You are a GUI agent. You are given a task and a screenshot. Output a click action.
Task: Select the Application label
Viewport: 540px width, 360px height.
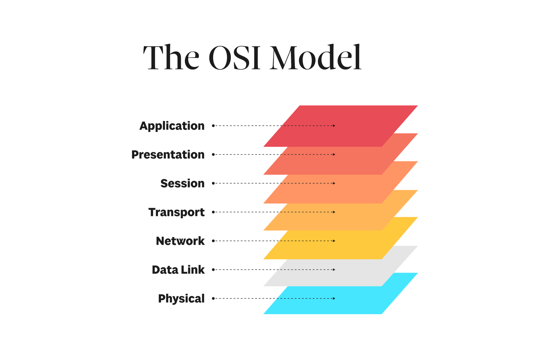tap(172, 126)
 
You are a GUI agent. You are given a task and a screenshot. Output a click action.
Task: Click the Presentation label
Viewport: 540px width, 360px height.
tap(168, 155)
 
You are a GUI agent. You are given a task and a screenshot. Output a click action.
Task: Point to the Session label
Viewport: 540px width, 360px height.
tap(182, 183)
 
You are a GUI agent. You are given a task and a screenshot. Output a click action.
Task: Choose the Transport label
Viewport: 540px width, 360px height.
tap(176, 212)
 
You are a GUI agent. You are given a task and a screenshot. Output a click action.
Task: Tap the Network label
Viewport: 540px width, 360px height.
tap(180, 241)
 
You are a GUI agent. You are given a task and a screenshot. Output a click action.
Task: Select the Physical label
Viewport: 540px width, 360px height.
tap(181, 299)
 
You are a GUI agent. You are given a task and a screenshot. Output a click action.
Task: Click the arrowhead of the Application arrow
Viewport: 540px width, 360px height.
tap(334, 126)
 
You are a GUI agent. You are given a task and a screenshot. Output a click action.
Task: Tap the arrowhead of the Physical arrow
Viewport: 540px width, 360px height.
tap(334, 298)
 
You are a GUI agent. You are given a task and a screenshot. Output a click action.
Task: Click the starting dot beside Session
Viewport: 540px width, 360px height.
tap(213, 183)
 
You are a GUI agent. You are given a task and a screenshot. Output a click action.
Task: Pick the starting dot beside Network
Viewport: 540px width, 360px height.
tap(213, 241)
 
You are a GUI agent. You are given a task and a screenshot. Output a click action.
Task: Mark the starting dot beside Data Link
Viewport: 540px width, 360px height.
tap(213, 270)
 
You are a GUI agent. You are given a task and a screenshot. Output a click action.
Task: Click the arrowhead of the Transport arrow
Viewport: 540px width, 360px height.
tap(334, 212)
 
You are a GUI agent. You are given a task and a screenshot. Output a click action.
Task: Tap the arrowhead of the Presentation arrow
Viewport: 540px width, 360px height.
tap(334, 155)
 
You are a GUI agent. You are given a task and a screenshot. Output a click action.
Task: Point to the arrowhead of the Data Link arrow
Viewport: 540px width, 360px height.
tap(334, 270)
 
